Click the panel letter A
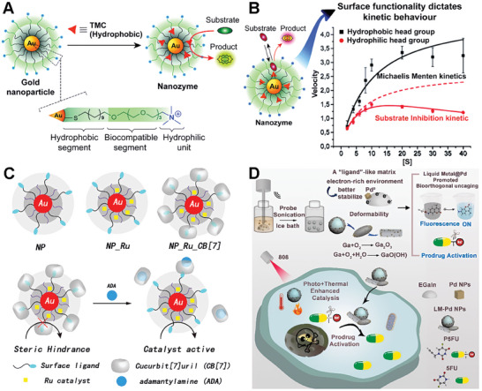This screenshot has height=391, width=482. pyautogui.click(x=10, y=9)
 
